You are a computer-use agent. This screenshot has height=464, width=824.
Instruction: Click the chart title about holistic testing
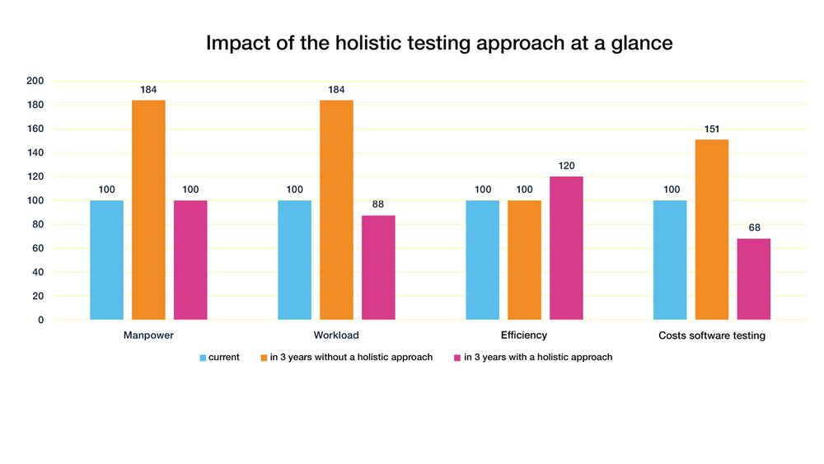click(x=439, y=43)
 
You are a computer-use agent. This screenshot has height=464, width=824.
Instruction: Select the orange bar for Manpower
click(x=148, y=209)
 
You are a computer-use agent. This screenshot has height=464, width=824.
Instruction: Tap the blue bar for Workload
click(x=294, y=260)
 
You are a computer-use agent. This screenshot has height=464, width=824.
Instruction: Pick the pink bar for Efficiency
click(x=566, y=248)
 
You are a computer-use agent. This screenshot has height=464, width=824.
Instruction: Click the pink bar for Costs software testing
click(x=753, y=279)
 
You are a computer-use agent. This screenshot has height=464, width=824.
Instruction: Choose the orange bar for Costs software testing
click(x=712, y=229)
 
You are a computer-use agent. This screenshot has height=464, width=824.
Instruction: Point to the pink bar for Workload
click(x=378, y=267)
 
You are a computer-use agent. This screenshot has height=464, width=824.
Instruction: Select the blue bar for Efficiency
click(x=482, y=260)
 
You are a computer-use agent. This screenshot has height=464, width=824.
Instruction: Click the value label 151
click(x=712, y=129)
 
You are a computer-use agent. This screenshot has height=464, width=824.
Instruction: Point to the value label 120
click(x=566, y=166)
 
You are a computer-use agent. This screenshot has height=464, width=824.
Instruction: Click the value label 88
click(x=378, y=204)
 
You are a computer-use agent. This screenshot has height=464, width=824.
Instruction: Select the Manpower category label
click(x=148, y=335)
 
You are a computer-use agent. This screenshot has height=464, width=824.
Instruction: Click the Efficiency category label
click(x=523, y=335)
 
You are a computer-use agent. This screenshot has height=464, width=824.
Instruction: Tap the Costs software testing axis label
click(x=712, y=336)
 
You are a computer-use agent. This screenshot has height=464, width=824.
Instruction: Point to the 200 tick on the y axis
click(x=35, y=81)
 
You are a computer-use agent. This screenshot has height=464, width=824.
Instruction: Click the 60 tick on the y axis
click(x=38, y=248)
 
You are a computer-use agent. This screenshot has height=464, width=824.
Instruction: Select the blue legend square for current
click(x=203, y=358)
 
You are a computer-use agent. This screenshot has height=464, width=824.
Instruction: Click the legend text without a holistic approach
click(x=351, y=358)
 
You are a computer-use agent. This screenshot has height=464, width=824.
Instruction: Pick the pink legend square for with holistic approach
click(x=457, y=358)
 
